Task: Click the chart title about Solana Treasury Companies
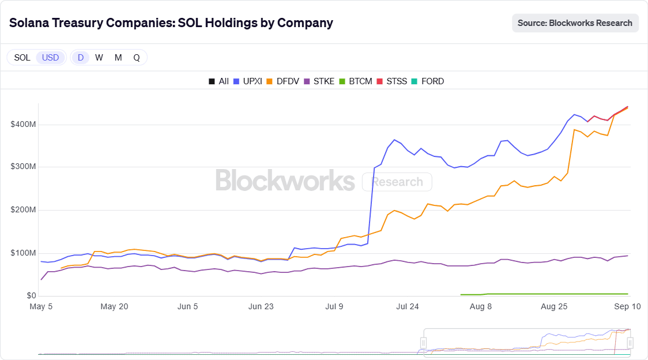(171, 23)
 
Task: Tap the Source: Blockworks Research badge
(575, 23)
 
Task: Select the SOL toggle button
(22, 58)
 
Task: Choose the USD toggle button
(51, 58)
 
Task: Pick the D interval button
(81, 58)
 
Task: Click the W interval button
(99, 58)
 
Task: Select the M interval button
(118, 58)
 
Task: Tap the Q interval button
(137, 58)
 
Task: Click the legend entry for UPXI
(248, 81)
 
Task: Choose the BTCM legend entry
(356, 81)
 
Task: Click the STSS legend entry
(392, 81)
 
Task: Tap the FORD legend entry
(428, 81)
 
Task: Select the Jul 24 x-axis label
(407, 307)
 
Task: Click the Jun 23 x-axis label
(261, 307)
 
